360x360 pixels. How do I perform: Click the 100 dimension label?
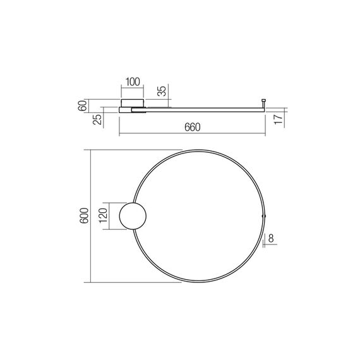pos(132,81)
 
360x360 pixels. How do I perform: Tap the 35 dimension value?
pos(162,90)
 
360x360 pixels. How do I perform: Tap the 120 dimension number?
pos(104,216)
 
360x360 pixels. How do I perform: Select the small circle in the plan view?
pos(133,216)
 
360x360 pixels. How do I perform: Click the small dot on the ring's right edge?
pos(265,217)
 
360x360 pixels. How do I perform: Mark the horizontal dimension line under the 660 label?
pos(192,134)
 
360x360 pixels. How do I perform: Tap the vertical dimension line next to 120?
pos(111,216)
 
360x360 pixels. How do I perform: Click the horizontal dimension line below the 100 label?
pos(132,88)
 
